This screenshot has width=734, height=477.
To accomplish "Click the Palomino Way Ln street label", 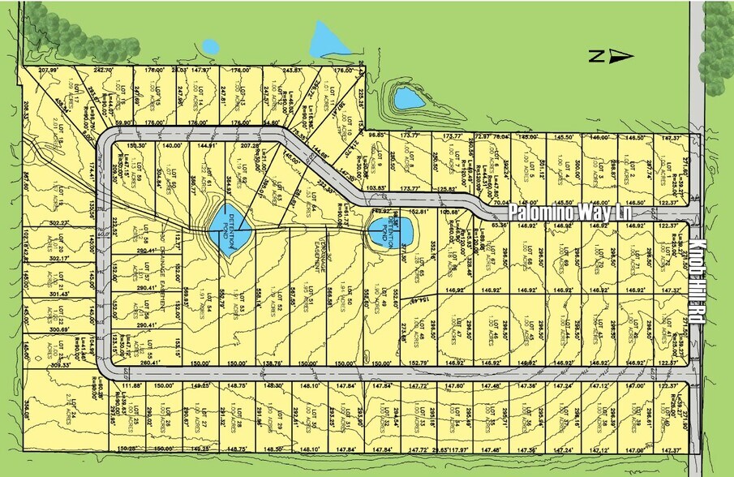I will click(571, 213).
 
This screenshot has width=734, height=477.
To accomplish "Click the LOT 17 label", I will click(86, 92).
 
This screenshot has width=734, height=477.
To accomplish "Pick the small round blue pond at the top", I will click(210, 46).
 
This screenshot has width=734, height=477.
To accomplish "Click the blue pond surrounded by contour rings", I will click(407, 98).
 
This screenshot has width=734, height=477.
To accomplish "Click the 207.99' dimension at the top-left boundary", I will click(49, 71).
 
